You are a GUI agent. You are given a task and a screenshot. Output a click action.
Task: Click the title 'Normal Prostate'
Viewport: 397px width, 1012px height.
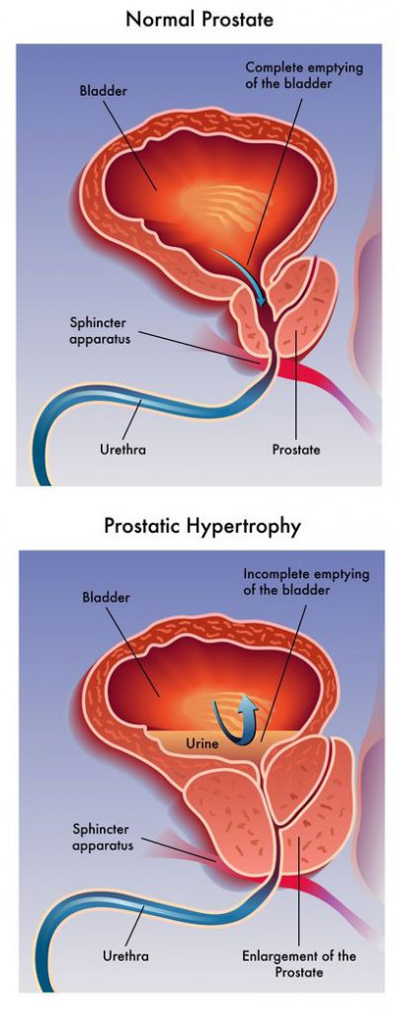(199, 19)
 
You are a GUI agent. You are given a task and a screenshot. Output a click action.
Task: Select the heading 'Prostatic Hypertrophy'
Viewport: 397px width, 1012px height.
(202, 526)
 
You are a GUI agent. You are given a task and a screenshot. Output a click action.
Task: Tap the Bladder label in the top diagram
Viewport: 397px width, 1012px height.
(103, 90)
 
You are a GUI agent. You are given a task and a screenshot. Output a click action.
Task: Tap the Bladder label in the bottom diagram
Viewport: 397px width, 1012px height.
(106, 598)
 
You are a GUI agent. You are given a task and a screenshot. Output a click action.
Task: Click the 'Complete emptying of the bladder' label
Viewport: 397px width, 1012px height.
(304, 75)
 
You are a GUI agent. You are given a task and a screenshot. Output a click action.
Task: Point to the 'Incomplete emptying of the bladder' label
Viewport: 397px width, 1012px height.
(306, 581)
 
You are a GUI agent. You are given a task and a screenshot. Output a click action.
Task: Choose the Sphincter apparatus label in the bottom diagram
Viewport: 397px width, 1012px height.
(103, 835)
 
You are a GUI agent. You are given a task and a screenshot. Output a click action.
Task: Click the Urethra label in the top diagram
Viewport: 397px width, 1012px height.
(122, 450)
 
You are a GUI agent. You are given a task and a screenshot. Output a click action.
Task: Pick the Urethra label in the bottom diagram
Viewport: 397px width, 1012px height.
(126, 956)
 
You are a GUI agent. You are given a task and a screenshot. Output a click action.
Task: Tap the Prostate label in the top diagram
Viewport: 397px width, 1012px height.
(296, 450)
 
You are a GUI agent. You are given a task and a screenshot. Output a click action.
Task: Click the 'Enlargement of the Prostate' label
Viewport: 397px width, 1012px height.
(298, 963)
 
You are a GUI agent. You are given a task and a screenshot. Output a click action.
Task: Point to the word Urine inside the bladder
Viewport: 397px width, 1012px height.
(202, 743)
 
